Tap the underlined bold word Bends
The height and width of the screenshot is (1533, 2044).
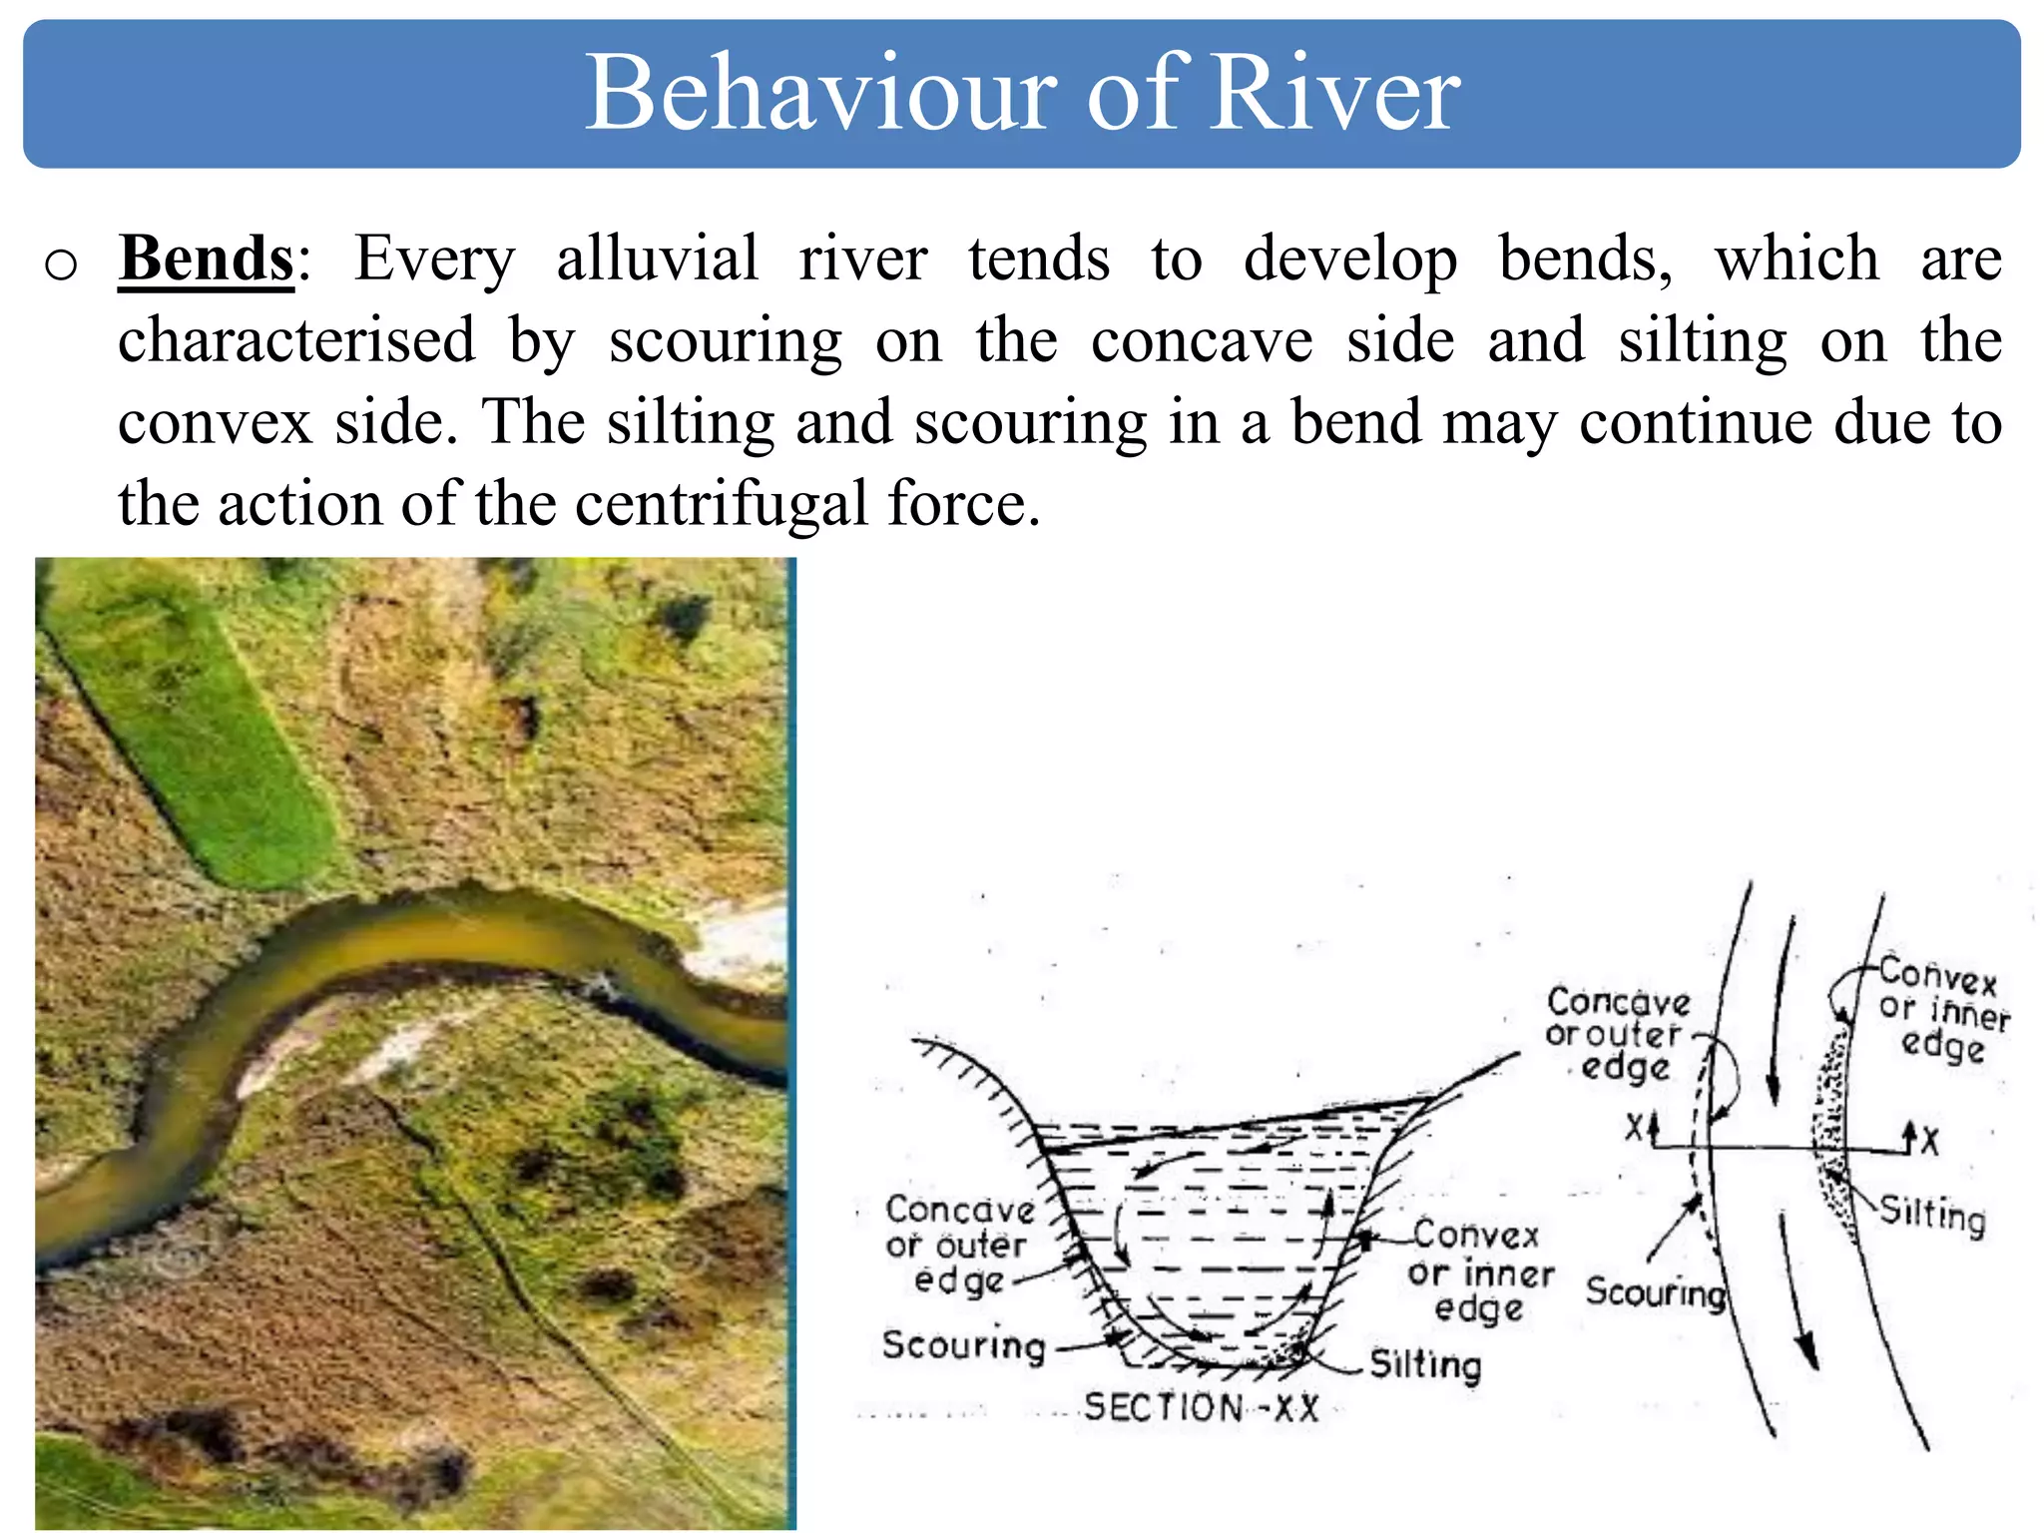click(207, 259)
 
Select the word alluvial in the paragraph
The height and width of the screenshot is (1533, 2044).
click(657, 259)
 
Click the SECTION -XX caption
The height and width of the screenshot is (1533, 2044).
click(1201, 1408)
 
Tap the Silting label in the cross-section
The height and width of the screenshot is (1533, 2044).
click(1424, 1364)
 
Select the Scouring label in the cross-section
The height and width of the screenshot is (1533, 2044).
click(963, 1345)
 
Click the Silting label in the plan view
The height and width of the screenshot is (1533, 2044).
click(1932, 1215)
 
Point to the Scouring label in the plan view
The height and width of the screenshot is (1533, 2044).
click(1655, 1291)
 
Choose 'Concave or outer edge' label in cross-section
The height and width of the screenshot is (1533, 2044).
click(959, 1245)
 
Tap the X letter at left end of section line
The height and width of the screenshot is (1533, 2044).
click(1634, 1129)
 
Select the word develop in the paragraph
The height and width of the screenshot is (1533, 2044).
click(1349, 259)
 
